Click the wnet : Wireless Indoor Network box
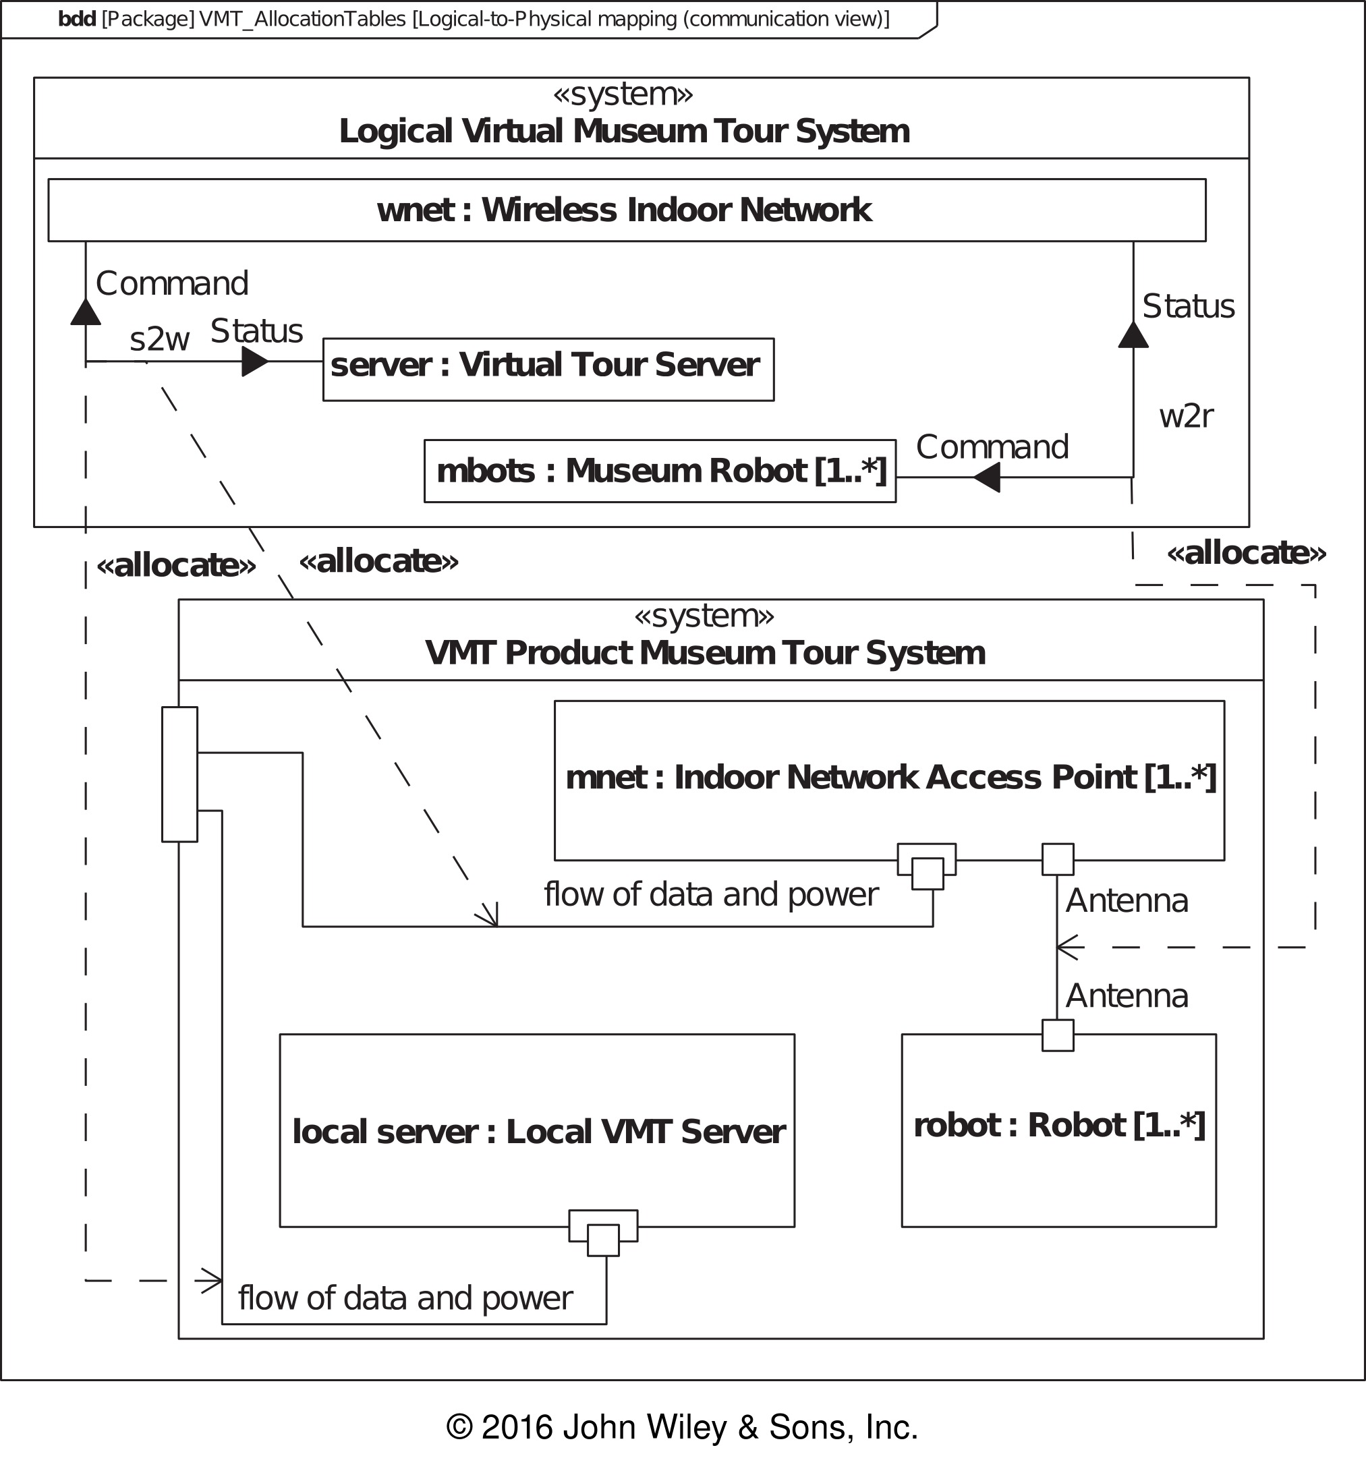tap(627, 210)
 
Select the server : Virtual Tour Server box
tap(548, 370)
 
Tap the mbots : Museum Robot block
tap(660, 471)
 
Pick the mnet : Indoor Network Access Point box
tap(889, 780)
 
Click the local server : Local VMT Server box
tap(538, 1130)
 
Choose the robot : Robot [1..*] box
tap(1058, 1130)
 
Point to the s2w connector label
tap(160, 339)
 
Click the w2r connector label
tap(1186, 416)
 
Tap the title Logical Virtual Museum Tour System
tap(625, 132)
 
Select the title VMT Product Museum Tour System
tap(705, 653)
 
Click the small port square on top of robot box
tap(1058, 1035)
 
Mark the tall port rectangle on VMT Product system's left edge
tap(179, 774)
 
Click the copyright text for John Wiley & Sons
tap(681, 1426)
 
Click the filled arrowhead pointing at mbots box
tap(986, 477)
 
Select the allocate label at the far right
tap(1246, 553)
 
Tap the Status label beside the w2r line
tap(1188, 306)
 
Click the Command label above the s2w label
tap(172, 284)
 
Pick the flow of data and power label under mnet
tap(711, 894)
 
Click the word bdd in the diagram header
tap(77, 19)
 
